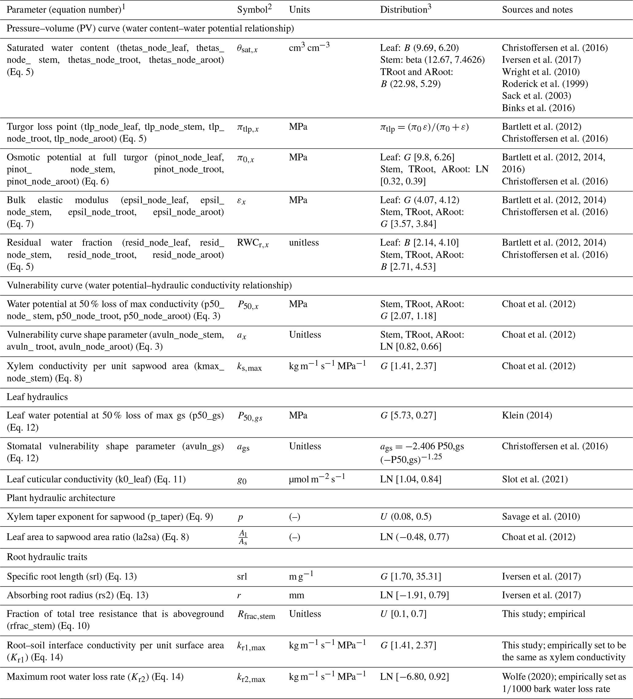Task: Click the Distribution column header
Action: coord(405,9)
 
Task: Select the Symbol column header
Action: coord(254,9)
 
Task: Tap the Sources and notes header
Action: coord(537,9)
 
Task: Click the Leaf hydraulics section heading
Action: coord(37,397)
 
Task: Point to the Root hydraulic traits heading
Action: coord(47,557)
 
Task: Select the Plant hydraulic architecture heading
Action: coord(61,498)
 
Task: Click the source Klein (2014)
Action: coord(527,415)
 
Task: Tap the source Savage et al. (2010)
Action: coord(541,517)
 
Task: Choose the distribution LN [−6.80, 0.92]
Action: coord(414,677)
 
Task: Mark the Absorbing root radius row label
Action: coord(77,595)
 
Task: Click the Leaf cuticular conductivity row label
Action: coord(96,480)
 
